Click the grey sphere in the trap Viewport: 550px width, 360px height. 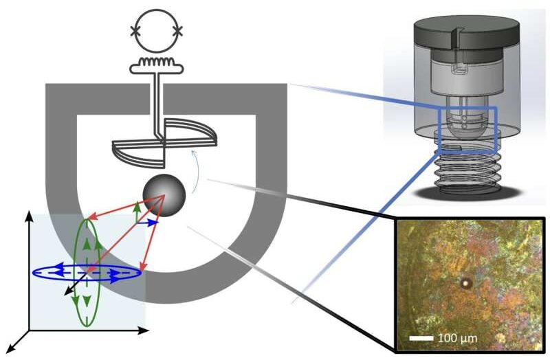tap(164, 195)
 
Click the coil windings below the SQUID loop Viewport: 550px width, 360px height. tap(157, 62)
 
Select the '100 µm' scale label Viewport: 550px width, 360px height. tap(457, 338)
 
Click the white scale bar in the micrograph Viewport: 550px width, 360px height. tap(421, 338)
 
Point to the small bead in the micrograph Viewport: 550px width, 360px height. tap(466, 283)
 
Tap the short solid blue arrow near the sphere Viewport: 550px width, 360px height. tap(147, 222)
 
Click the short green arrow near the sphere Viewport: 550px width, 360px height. tap(137, 212)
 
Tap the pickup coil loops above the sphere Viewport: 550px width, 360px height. tap(165, 143)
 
